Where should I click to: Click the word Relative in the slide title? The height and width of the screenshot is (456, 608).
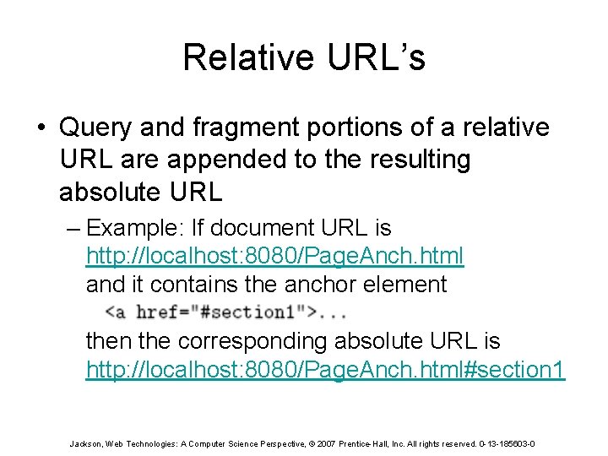244,57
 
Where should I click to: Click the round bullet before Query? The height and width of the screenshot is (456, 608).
41,128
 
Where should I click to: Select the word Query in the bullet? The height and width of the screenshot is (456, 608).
95,128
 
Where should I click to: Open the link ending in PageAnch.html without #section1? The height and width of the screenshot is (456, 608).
275,256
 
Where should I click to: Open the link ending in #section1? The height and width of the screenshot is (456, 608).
326,370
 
